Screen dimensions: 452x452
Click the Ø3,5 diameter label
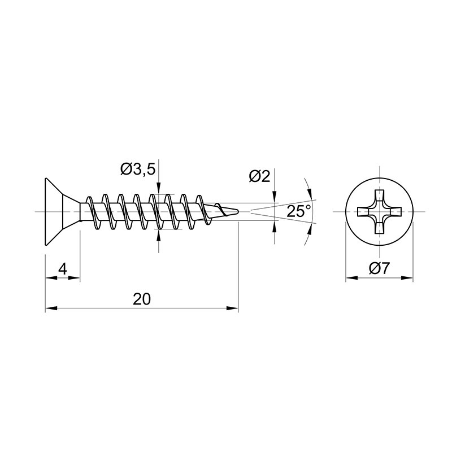[x=138, y=169]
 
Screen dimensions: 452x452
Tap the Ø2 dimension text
[x=259, y=176]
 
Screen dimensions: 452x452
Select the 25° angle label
[x=299, y=211]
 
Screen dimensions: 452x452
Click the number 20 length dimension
[x=142, y=299]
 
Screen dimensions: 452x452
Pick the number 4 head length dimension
[x=63, y=270]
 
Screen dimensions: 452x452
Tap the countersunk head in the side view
[x=62, y=212]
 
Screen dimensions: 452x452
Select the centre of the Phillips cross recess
[x=379, y=212]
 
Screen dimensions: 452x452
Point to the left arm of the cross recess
[x=365, y=212]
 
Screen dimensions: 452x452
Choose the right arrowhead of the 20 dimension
[x=232, y=308]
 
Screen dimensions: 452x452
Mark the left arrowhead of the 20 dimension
[x=51, y=308]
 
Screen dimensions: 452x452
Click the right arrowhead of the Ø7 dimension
[x=407, y=278]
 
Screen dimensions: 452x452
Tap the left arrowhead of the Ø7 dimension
[x=351, y=278]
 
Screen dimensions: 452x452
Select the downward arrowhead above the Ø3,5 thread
[x=158, y=188]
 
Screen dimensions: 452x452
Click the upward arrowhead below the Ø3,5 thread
[x=158, y=235]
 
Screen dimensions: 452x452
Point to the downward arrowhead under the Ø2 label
[x=274, y=197]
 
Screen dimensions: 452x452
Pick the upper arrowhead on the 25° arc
[x=310, y=193]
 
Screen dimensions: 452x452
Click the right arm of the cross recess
[x=393, y=212]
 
